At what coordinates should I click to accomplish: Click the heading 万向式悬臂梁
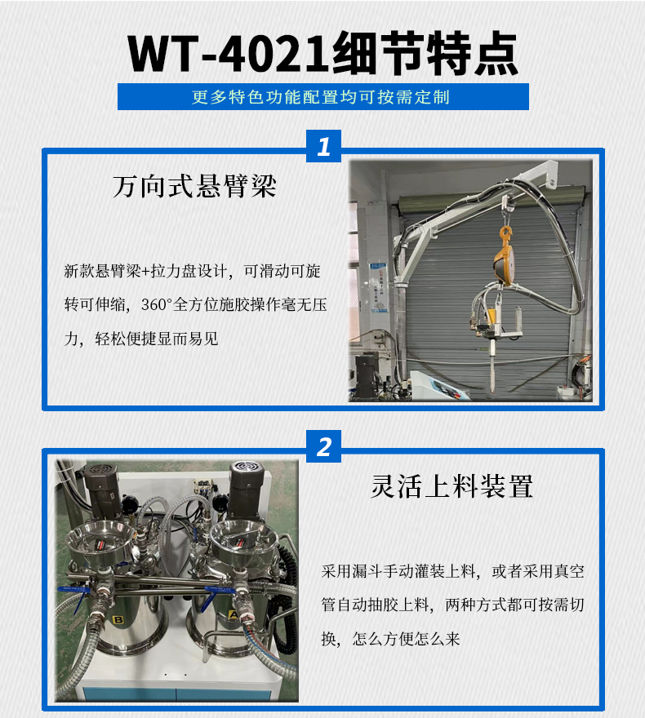click(x=194, y=187)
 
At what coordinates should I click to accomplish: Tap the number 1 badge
click(x=323, y=147)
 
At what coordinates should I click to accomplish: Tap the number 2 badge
click(x=323, y=447)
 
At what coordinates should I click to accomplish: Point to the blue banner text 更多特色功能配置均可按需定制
click(x=322, y=97)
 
